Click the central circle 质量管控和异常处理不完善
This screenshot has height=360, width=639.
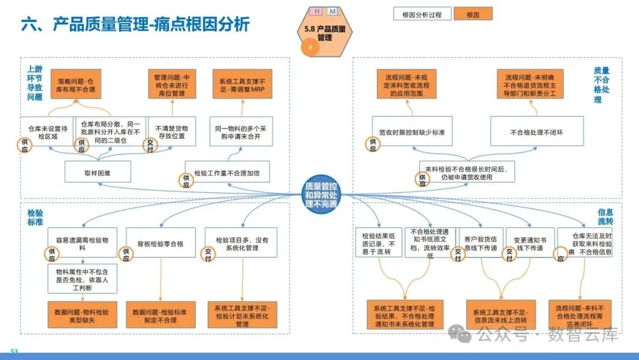(x=321, y=194)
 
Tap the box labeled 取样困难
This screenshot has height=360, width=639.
(x=98, y=173)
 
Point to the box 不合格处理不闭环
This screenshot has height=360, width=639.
(x=537, y=131)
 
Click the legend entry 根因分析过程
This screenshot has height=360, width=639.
(x=422, y=14)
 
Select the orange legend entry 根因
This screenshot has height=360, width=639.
(x=474, y=14)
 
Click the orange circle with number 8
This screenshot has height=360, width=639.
(x=310, y=48)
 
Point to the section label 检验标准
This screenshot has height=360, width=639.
(x=35, y=217)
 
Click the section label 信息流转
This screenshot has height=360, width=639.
(x=605, y=217)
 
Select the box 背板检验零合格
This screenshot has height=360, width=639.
(x=160, y=243)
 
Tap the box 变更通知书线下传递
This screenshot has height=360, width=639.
(x=530, y=244)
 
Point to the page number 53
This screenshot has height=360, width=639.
(x=14, y=352)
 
